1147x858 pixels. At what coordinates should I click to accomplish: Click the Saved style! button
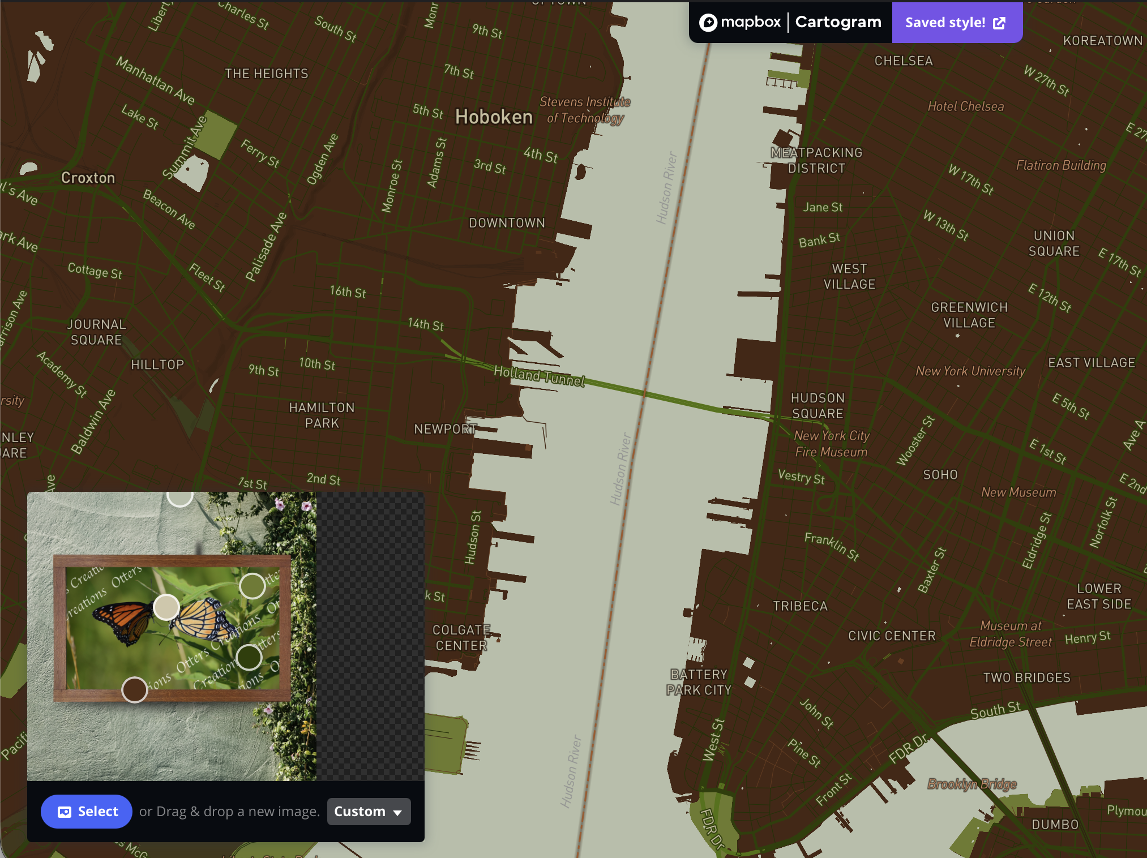point(956,23)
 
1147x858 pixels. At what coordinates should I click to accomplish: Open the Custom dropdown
point(369,812)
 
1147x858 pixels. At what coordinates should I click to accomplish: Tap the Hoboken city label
point(494,117)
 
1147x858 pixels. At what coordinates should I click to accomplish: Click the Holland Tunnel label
point(539,376)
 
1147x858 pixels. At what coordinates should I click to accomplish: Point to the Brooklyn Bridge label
point(971,784)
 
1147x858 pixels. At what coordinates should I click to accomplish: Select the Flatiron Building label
point(1061,165)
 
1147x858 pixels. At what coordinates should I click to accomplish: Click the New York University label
point(970,371)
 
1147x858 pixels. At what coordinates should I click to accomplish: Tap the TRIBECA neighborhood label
point(800,606)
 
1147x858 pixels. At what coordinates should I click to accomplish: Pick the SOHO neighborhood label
point(940,475)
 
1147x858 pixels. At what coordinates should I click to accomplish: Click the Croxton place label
point(88,178)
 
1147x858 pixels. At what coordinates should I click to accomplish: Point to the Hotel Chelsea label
point(965,106)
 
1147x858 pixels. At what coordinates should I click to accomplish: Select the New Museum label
point(1018,492)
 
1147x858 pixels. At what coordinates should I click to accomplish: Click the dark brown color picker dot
point(135,690)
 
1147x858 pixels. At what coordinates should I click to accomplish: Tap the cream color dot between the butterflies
point(166,607)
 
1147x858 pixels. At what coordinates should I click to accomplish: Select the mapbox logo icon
point(708,23)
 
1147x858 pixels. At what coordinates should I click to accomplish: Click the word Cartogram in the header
point(838,22)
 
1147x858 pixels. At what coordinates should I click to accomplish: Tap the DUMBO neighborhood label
point(1055,825)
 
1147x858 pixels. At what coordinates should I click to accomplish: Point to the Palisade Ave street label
point(266,247)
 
